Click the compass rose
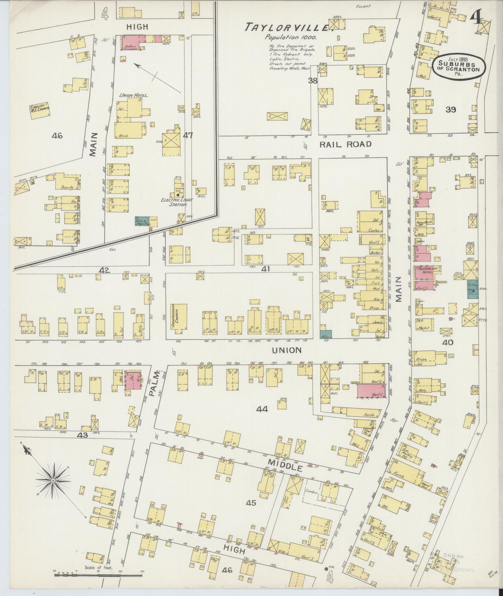53,489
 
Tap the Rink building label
124,136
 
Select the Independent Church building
179,321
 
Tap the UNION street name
286,350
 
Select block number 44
262,409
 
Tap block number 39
451,109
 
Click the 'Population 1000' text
291,37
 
